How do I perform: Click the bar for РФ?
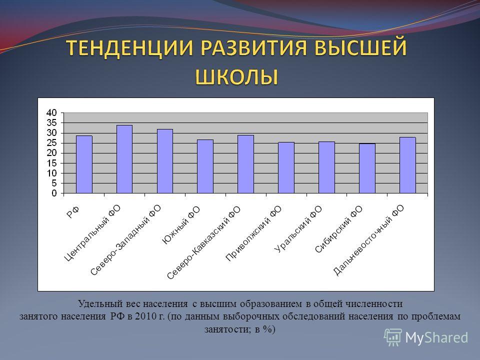coord(84,164)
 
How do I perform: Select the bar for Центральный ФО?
coord(124,159)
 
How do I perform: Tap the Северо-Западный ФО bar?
coord(165,161)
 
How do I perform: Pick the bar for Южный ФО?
coord(205,166)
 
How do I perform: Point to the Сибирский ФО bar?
coord(367,168)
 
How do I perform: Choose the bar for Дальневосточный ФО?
coord(407,165)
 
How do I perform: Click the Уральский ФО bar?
coord(326,167)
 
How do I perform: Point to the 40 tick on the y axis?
coord(51,112)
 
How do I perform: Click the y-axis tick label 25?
coord(51,143)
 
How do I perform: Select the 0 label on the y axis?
coord(54,193)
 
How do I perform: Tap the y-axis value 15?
coord(51,163)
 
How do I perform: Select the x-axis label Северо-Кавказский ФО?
coord(204,243)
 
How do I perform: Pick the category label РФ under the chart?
coord(73,212)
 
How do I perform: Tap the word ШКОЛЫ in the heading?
coord(236,76)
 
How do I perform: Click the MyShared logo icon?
coord(393,337)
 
